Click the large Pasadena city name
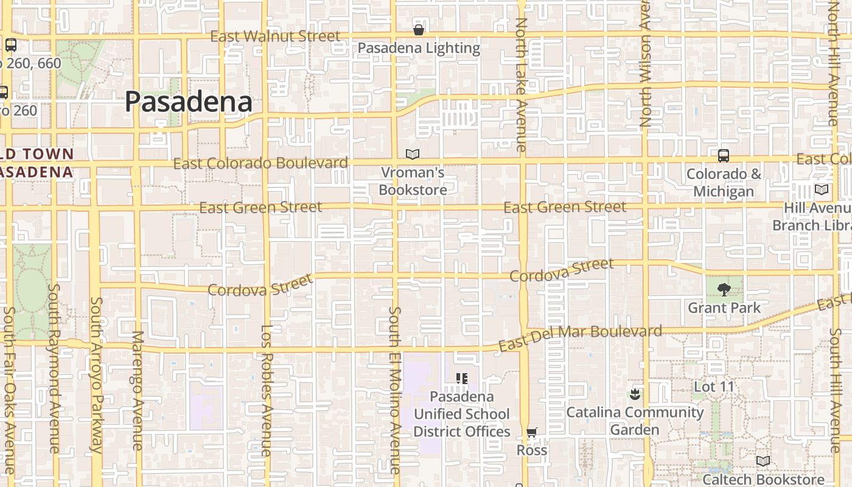[x=189, y=102]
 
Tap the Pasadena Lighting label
[x=419, y=48]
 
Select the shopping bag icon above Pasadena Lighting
[x=419, y=29]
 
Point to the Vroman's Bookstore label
[x=413, y=181]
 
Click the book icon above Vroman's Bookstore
[x=413, y=155]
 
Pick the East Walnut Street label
[x=275, y=37]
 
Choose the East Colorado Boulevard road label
[x=260, y=163]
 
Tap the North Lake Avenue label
[x=521, y=85]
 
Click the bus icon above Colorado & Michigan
[x=724, y=156]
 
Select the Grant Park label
[x=724, y=308]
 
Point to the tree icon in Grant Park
[x=724, y=289]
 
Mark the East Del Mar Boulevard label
[x=580, y=338]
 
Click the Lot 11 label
[x=714, y=387]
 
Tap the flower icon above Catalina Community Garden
[x=635, y=394]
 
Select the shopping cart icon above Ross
[x=532, y=433]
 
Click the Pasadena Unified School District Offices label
[x=461, y=414]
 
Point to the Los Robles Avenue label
[x=267, y=390]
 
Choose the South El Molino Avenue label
[x=395, y=390]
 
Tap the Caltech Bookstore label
[x=763, y=479]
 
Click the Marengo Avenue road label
[x=137, y=390]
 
